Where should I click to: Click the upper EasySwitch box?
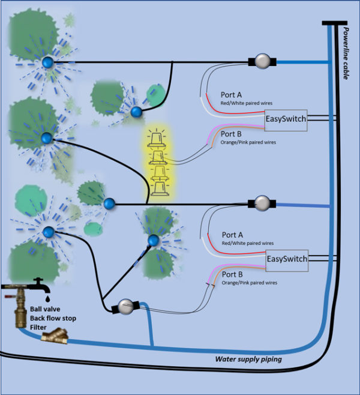[x=286, y=119]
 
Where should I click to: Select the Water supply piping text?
[x=249, y=360]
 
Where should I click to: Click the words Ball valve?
[x=45, y=309]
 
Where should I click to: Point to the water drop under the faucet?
[x=47, y=298]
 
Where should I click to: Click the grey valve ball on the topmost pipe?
[x=261, y=62]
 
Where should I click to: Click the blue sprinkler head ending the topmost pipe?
[x=47, y=62]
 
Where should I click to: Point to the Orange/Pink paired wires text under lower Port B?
[x=249, y=282]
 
